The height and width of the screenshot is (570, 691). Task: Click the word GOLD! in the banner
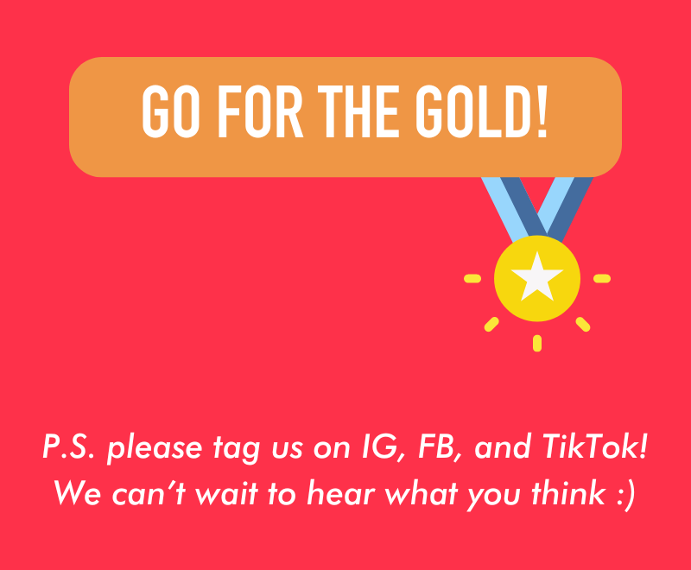click(482, 111)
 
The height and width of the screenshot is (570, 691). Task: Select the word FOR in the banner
click(261, 111)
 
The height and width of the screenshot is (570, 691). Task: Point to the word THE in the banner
click(358, 111)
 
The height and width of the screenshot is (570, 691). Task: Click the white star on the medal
click(536, 277)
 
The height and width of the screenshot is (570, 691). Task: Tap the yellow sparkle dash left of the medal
click(472, 278)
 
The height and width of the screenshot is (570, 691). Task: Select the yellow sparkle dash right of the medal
click(602, 278)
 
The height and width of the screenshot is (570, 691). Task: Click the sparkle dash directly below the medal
click(536, 343)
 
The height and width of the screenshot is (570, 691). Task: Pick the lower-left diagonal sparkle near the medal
click(491, 325)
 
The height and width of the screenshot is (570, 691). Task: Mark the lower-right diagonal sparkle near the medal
click(582, 325)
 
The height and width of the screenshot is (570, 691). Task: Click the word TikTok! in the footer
click(595, 446)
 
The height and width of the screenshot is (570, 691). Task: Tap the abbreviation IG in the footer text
click(384, 447)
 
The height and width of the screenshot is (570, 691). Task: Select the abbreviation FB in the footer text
click(440, 447)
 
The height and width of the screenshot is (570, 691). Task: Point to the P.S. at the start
click(68, 447)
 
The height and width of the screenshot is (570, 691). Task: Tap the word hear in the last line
click(340, 493)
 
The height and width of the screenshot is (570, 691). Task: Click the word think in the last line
click(568, 493)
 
